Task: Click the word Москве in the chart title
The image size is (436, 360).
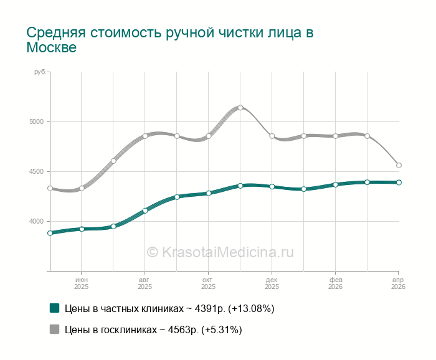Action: point(52,48)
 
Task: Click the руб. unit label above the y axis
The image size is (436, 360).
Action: point(40,73)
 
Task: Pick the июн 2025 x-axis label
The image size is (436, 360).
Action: point(82,283)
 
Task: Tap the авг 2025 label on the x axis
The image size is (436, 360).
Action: point(145,283)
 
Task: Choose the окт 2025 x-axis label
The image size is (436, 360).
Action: point(208,283)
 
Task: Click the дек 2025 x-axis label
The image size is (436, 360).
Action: point(272,283)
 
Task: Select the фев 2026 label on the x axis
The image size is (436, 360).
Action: point(335,283)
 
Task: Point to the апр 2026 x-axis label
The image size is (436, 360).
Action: point(398,283)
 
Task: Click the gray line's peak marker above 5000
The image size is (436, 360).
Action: point(240,108)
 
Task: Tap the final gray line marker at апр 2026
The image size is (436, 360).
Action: point(399,165)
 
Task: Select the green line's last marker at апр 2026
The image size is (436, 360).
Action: point(399,182)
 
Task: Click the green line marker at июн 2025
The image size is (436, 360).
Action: point(82,229)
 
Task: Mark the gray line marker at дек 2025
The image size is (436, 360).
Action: point(272,136)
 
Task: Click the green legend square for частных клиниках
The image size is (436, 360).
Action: point(54,308)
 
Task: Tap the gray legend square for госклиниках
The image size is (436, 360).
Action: point(54,329)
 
